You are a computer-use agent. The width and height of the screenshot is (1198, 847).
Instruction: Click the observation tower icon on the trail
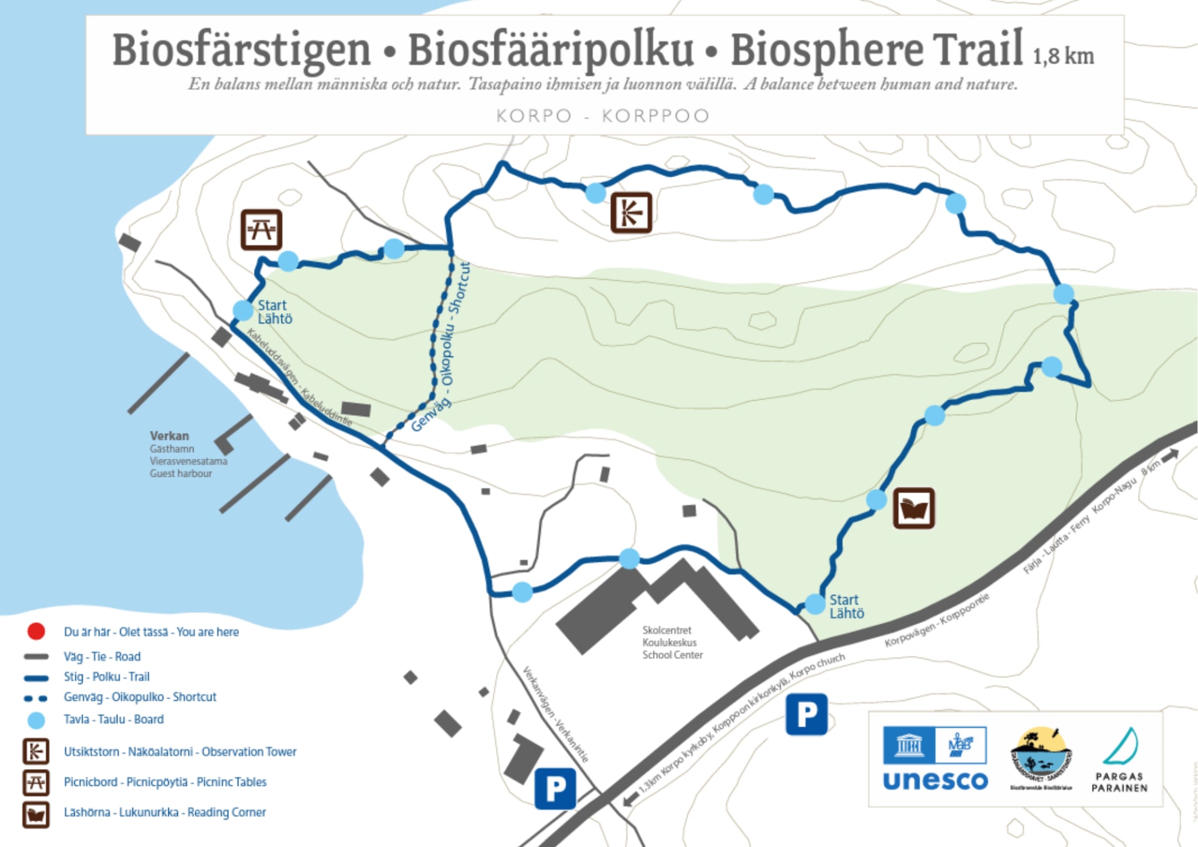pos(631,213)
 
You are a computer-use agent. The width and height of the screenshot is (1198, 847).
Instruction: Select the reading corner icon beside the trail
pos(913,508)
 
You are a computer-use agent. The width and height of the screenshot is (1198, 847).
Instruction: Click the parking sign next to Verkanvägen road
pos(555,788)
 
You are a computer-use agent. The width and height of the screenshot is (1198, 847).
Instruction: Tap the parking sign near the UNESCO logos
pos(806,714)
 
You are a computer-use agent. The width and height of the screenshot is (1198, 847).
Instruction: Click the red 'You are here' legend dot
pos(36,632)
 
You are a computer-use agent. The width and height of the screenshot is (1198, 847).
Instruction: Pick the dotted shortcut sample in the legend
pos(36,698)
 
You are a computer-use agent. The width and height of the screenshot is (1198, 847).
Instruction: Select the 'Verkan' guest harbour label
pos(169,436)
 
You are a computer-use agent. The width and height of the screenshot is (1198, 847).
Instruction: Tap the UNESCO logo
pos(935,759)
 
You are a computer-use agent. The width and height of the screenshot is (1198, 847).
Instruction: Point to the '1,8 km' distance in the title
pos(1063,56)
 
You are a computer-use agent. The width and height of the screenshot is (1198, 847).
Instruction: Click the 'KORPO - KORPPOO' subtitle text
pos(603,116)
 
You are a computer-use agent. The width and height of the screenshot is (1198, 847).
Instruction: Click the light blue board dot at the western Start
pos(243,310)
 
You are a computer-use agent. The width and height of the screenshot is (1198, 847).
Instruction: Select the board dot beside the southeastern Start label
pos(814,604)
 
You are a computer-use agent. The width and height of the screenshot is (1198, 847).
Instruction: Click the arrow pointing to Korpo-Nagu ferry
pos(1170,454)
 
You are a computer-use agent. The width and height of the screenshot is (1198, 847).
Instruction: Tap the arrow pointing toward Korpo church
pos(631,798)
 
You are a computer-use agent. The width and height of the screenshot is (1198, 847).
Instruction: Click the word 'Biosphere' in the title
pos(827,50)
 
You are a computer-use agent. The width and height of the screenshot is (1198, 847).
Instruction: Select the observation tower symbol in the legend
pos(36,752)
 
